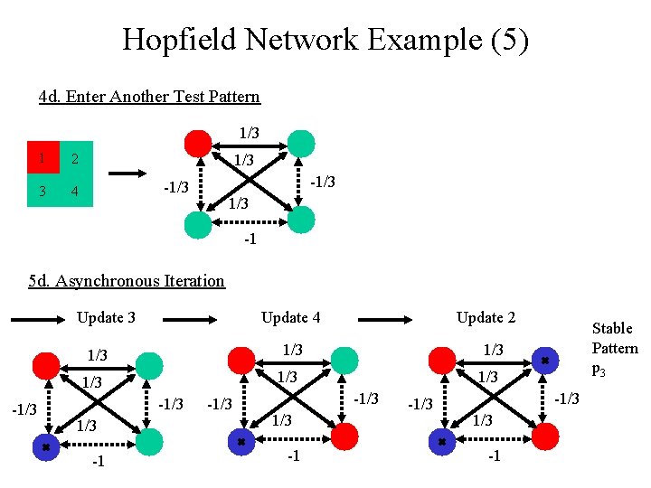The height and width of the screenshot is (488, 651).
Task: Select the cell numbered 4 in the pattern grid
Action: [x=76, y=192]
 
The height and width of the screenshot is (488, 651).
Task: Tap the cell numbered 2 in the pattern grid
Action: [x=76, y=159]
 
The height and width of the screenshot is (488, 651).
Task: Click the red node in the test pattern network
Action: [x=198, y=144]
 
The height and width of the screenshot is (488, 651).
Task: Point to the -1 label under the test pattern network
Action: [x=250, y=239]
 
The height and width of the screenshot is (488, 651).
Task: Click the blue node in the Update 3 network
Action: [x=46, y=446]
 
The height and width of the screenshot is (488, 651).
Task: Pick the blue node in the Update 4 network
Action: [x=242, y=442]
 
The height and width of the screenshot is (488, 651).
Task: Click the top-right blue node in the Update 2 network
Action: [x=544, y=360]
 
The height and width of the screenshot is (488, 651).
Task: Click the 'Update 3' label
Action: [x=106, y=317]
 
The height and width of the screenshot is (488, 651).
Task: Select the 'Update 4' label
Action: [x=290, y=317]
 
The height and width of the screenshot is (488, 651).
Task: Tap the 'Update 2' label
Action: [x=486, y=317]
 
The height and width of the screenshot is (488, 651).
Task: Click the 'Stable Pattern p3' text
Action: [x=614, y=348]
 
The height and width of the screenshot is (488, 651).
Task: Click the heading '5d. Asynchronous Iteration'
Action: [x=127, y=280]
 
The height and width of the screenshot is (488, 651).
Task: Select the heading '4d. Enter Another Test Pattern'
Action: [x=149, y=96]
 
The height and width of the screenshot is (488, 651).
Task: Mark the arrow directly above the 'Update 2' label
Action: [x=399, y=317]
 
